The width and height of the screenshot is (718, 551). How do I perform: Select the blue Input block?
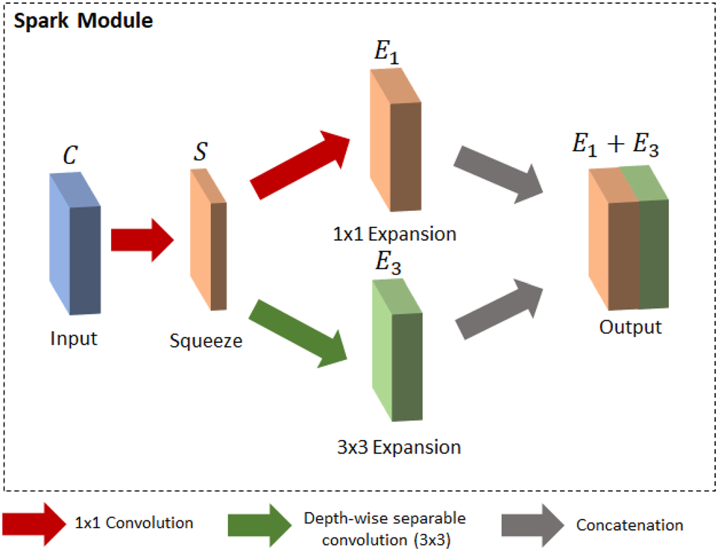pyautogui.click(x=75, y=242)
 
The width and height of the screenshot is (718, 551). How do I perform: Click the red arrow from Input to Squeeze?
pyautogui.click(x=142, y=241)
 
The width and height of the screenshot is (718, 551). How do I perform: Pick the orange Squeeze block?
pyautogui.click(x=209, y=239)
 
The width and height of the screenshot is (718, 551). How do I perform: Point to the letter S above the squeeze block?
pyautogui.click(x=201, y=151)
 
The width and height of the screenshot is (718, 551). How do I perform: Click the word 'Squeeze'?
pyautogui.click(x=205, y=342)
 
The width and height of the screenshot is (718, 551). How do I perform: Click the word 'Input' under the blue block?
pyautogui.click(x=74, y=338)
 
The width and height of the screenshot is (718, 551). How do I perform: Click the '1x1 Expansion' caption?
pyautogui.click(x=394, y=234)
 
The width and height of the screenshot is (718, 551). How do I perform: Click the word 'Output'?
pyautogui.click(x=631, y=327)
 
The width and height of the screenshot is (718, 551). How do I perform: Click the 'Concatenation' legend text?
pyautogui.click(x=629, y=525)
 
